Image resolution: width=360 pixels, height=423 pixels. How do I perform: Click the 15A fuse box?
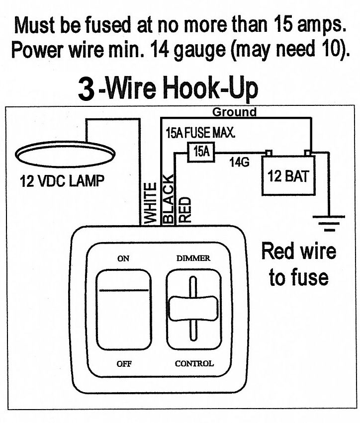[201, 152]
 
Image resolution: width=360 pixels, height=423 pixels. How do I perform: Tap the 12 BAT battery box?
[288, 176]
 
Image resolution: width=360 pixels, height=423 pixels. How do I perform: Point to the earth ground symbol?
[328, 224]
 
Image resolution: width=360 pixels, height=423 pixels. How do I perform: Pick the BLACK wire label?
[169, 199]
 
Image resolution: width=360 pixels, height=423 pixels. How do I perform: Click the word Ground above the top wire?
[234, 112]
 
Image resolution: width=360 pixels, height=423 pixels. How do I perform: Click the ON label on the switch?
[123, 258]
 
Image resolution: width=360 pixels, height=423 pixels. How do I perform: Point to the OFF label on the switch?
[124, 363]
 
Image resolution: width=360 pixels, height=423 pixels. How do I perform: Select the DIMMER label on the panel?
[193, 258]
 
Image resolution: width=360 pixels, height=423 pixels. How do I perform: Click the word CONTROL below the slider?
[194, 363]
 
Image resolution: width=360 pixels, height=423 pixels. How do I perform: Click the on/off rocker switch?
[123, 310]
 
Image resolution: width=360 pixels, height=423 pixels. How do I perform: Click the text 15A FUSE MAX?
[200, 134]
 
